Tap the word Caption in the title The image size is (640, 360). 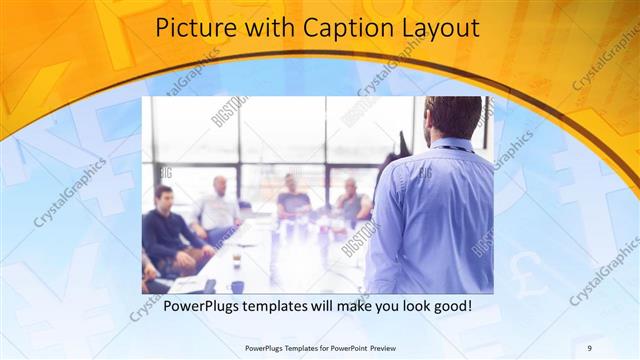click(340, 28)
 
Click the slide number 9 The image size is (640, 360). click(590, 347)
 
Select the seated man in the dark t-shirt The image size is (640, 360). click(293, 199)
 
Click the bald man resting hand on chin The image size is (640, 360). click(351, 201)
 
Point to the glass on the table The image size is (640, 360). click(237, 257)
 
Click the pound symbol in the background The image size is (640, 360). click(522, 268)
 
